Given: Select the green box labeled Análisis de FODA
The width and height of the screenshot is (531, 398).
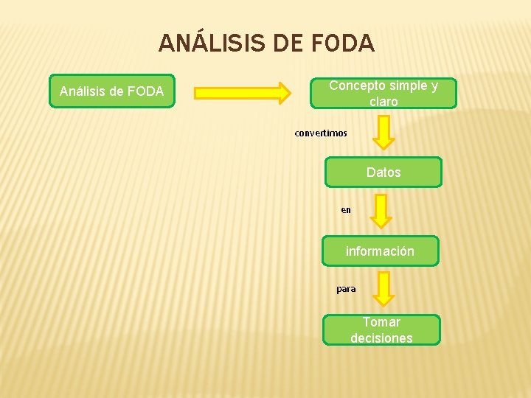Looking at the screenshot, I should coord(111,91).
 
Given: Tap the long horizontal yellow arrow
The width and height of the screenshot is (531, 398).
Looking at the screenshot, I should coord(243,92).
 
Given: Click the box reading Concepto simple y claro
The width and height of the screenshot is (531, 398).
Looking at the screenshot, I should coord(383,94).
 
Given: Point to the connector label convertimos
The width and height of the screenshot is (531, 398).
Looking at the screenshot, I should coord(321,133).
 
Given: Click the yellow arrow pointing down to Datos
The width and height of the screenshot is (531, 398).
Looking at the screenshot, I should coord(383,132).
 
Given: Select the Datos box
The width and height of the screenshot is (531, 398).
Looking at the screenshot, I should coord(383,172).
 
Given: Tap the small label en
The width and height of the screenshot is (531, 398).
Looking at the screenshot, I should coord(346,210).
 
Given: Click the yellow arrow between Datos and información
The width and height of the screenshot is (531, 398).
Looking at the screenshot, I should coord(381,210).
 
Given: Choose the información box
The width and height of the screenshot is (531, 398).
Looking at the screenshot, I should coord(380,251).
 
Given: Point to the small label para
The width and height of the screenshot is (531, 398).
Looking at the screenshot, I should coord(346,289).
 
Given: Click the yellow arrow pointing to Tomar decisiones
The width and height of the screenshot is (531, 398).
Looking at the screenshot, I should coord(383,288).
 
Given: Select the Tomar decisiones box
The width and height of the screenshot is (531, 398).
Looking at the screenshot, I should coord(381,330).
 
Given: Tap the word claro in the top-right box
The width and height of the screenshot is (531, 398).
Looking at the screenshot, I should coord(383,102).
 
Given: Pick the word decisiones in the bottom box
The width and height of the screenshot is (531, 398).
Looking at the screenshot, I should coord(381,338).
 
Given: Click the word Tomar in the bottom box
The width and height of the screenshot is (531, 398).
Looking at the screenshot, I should coord(381,322).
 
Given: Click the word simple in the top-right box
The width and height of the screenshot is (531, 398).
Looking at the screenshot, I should coord(409,85).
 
